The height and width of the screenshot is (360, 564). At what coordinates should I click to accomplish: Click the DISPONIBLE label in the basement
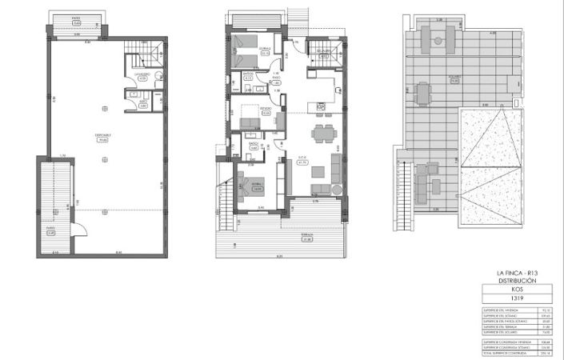103,136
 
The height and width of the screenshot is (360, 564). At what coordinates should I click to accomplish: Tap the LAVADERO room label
142,77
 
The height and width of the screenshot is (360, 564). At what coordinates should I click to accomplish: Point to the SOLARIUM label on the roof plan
454,79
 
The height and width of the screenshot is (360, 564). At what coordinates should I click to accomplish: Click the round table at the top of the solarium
438,38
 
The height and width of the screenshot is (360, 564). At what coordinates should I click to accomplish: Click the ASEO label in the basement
142,103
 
